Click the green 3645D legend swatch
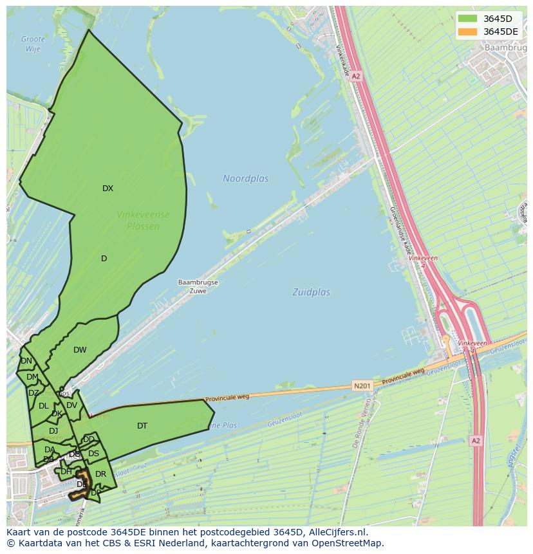coord(468,19)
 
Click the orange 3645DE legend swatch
coord(468,32)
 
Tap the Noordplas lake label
coord(245,178)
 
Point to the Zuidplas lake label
coord(311,292)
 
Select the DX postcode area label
coord(108,189)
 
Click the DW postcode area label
coord(80,350)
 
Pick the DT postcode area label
coord(142,425)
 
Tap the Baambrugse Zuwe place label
coord(198,286)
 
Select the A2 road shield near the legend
coord(356,76)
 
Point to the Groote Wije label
coord(33,44)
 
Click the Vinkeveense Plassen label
coord(143,220)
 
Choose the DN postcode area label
coord(26,361)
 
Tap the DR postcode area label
coord(100,474)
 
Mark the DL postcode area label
coord(43,406)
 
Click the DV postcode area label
coord(71,405)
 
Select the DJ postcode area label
coord(53,430)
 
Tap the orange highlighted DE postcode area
coord(82,484)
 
